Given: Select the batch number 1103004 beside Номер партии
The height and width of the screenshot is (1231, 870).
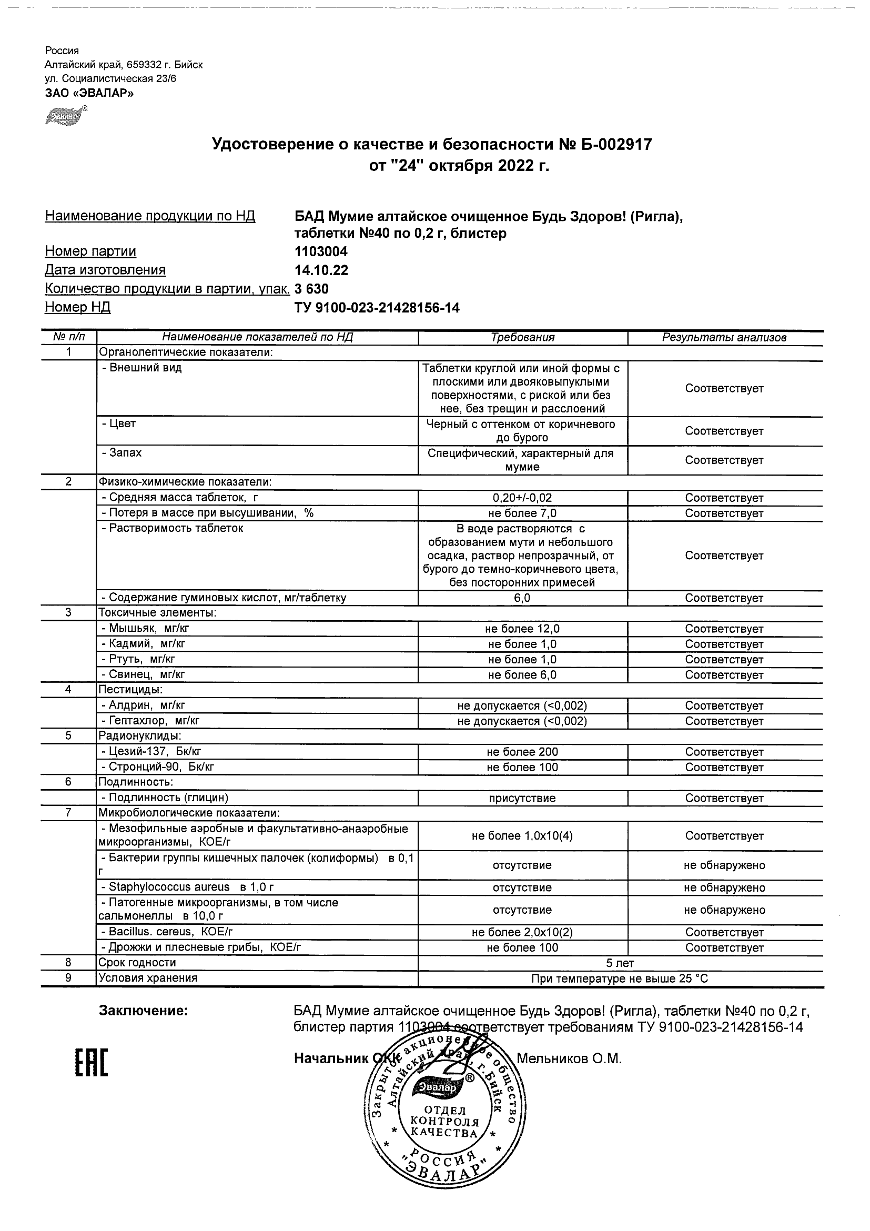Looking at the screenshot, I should click(321, 251).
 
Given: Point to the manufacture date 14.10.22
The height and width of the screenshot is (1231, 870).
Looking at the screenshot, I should click(321, 270).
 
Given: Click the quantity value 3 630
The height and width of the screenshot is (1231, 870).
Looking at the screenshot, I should click(311, 289).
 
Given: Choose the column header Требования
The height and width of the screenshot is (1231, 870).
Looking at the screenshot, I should click(523, 338).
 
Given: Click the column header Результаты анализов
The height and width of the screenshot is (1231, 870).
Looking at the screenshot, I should click(724, 338).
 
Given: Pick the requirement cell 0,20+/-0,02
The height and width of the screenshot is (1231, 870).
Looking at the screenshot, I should click(523, 498).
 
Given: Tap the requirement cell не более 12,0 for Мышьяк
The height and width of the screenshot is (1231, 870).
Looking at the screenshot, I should click(523, 629).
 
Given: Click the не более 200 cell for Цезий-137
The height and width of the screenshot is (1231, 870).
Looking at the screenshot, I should click(523, 752).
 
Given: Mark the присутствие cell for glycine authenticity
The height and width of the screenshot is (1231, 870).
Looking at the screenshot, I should click(523, 799).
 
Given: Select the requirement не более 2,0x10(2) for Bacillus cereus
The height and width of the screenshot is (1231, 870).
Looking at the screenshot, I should click(523, 932).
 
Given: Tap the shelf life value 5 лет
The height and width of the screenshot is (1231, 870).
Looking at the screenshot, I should click(620, 963).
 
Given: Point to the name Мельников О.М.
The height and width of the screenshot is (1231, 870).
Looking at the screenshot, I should click(569, 1059).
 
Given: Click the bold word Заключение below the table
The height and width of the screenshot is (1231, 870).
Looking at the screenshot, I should click(143, 1011).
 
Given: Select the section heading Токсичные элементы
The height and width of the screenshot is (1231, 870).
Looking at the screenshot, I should click(157, 613).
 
